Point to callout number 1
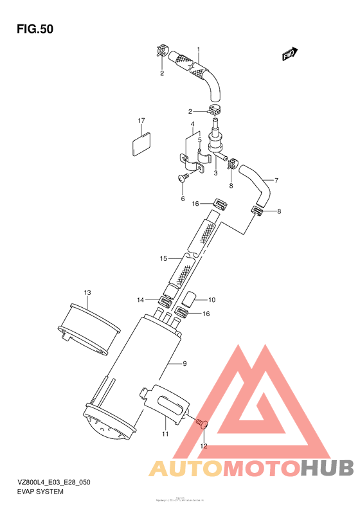(199, 49)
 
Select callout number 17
(140, 120)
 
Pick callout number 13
(87, 292)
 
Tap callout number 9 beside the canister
(184, 364)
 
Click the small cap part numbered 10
(190, 299)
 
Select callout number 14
(140, 299)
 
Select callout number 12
(204, 445)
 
